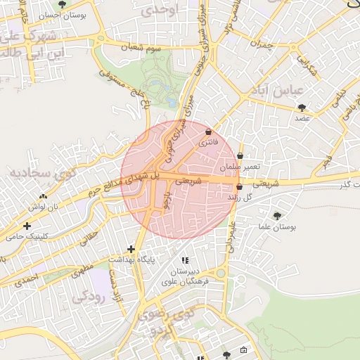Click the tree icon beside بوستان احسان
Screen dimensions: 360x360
tap(63, 4)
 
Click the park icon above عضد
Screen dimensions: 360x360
tap(302, 108)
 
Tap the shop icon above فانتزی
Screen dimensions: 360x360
tap(208, 132)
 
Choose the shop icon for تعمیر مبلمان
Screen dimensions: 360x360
tap(240, 156)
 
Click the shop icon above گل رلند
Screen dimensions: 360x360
tap(240, 187)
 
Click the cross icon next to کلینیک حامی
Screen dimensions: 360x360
tap(27, 226)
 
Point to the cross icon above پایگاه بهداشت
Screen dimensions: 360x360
tap(131, 249)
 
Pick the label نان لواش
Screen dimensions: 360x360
tap(42, 207)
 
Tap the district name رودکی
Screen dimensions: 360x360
tap(88, 297)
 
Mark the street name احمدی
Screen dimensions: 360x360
tap(26, 279)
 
